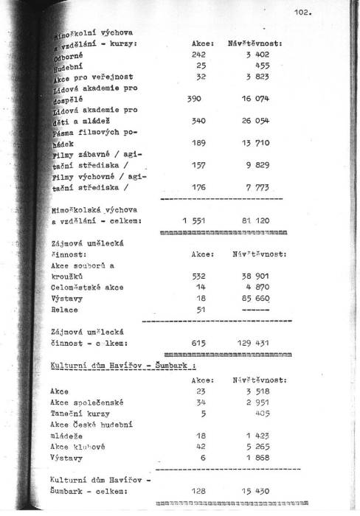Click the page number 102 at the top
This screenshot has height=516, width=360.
coord(303,12)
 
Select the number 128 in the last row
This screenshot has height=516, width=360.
coord(200,489)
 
